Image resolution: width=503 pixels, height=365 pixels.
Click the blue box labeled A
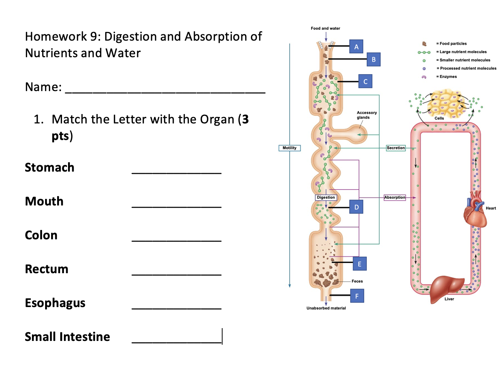pyautogui.click(x=356, y=47)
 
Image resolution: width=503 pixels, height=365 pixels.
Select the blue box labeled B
pyautogui.click(x=373, y=59)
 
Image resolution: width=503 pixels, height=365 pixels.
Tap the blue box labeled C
pyautogui.click(x=365, y=81)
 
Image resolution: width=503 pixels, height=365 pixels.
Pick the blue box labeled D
pyautogui.click(x=356, y=207)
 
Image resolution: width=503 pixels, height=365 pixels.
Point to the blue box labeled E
pyautogui.click(x=359, y=264)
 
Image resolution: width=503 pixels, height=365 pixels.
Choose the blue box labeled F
pyautogui.click(x=357, y=296)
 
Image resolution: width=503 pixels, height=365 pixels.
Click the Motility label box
pyautogui.click(x=289, y=148)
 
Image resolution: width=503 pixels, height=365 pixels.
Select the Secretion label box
pyautogui.click(x=396, y=148)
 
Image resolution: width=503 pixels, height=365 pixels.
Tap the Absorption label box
pyautogui.click(x=395, y=197)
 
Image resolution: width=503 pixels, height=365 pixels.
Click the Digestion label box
pyautogui.click(x=326, y=197)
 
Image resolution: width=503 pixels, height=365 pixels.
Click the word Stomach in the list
pyautogui.click(x=50, y=167)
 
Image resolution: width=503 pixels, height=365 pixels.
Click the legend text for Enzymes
pyautogui.click(x=448, y=77)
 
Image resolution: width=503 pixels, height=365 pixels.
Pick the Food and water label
pyautogui.click(x=325, y=28)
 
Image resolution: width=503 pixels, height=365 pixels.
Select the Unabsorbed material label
pyautogui.click(x=326, y=308)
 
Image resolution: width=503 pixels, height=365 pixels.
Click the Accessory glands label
pyautogui.click(x=366, y=115)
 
